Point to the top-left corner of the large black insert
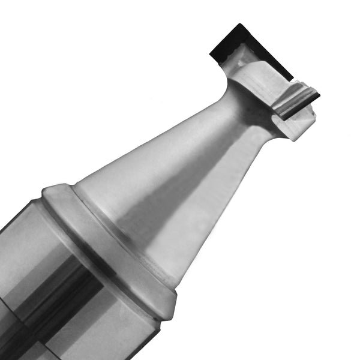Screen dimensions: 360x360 pos(237,25)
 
